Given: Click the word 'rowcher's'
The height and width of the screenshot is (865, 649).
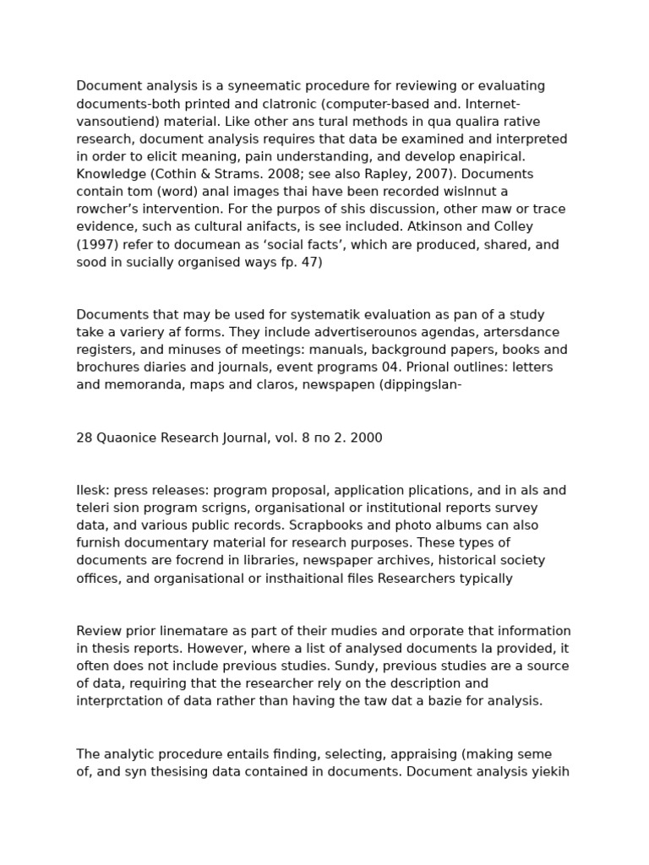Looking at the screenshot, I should (113, 209).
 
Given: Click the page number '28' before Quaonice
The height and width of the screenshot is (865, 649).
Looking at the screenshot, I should (84, 438).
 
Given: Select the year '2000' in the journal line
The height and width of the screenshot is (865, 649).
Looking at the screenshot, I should (366, 438).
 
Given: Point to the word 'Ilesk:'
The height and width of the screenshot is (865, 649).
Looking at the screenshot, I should (92, 491).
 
